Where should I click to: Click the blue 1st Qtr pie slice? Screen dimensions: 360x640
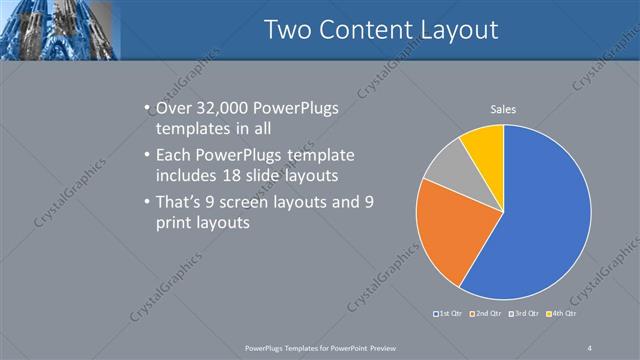(x=545, y=220)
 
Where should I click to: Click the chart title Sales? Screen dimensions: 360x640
(x=503, y=109)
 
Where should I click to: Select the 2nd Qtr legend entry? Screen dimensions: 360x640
(x=485, y=314)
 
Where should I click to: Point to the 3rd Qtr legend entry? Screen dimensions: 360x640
(x=525, y=314)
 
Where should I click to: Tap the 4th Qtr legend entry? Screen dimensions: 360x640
(x=564, y=314)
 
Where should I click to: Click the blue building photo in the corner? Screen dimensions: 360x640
(x=60, y=28)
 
